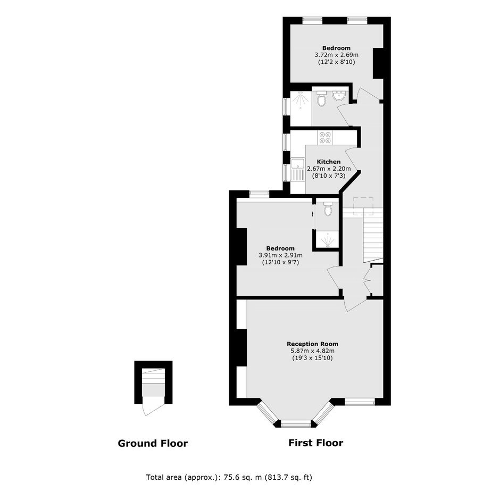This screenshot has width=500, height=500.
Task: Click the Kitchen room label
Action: click(x=328, y=162)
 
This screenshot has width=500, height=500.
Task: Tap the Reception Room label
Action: click(x=313, y=344)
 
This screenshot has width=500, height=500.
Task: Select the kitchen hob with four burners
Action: click(x=325, y=137)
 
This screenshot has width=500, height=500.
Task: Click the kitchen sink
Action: click(x=298, y=170)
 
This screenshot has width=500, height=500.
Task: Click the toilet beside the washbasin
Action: click(x=321, y=98)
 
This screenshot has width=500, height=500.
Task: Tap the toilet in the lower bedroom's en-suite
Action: click(x=328, y=208)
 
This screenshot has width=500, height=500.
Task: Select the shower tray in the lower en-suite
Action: click(x=327, y=239)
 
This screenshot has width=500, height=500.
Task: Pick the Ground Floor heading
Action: click(x=153, y=443)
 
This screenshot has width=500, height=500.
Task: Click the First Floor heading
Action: click(x=315, y=443)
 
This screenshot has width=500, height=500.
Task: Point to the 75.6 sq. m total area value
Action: click(x=243, y=477)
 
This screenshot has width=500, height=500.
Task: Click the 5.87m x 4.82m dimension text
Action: click(x=313, y=351)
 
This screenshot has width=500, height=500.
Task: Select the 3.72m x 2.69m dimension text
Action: click(x=336, y=55)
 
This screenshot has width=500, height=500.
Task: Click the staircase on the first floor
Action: click(x=373, y=236)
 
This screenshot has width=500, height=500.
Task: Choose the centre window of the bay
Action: click(x=296, y=423)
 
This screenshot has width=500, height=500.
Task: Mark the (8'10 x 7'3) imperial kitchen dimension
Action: click(x=328, y=176)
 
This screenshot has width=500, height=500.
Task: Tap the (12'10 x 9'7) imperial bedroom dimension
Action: click(x=281, y=262)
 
